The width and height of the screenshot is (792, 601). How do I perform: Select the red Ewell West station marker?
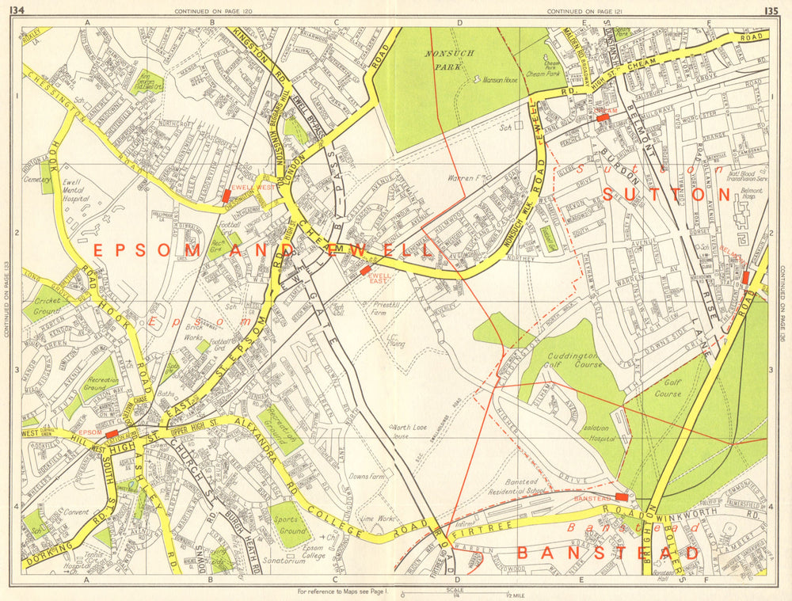(x=248, y=195)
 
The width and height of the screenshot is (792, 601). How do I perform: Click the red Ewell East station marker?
(x=365, y=270)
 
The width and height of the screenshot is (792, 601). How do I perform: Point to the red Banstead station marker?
(x=622, y=496)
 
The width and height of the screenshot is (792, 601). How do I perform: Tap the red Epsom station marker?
(x=112, y=434)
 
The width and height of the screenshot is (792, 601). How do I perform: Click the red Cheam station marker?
(x=604, y=117)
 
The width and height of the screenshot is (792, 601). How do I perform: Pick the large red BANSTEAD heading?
(x=609, y=553)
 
